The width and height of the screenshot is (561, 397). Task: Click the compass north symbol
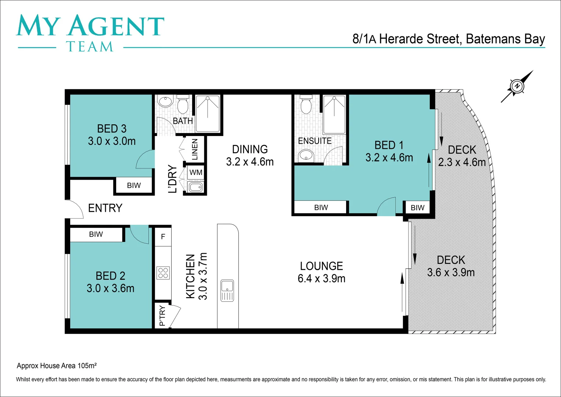tap(517, 86)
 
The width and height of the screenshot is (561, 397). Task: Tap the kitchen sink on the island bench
tap(227, 290)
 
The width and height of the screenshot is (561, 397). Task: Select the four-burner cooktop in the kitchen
tap(163, 273)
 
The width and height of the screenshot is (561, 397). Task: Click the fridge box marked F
tap(163, 237)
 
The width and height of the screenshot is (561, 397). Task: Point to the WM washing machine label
tap(196, 172)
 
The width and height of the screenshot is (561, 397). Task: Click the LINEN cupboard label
tap(195, 149)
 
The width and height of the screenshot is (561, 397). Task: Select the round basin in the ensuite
tap(305, 155)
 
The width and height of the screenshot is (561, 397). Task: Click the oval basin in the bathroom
tap(166, 101)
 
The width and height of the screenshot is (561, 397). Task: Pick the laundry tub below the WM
tap(195, 187)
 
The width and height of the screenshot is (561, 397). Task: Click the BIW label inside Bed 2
tap(96, 235)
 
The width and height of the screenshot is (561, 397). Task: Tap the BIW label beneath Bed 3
tap(134, 186)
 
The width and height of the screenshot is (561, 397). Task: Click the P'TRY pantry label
tap(162, 316)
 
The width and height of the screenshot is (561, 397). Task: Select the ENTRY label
tap(105, 208)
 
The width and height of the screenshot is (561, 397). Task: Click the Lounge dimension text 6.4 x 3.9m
tap(321, 279)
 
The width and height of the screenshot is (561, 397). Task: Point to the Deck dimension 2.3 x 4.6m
tap(462, 162)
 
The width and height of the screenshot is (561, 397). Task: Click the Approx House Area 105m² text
tap(57, 366)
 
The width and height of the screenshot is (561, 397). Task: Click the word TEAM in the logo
tap(90, 47)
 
